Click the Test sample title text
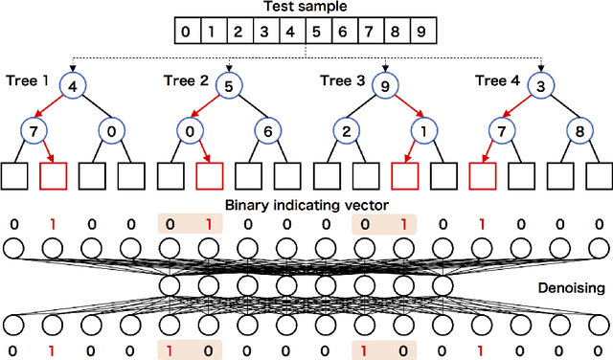pyautogui.click(x=306, y=8)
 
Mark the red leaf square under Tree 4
pyautogui.click(x=484, y=176)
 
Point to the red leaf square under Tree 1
pyautogui.click(x=55, y=176)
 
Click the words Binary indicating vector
pyautogui.click(x=306, y=205)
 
